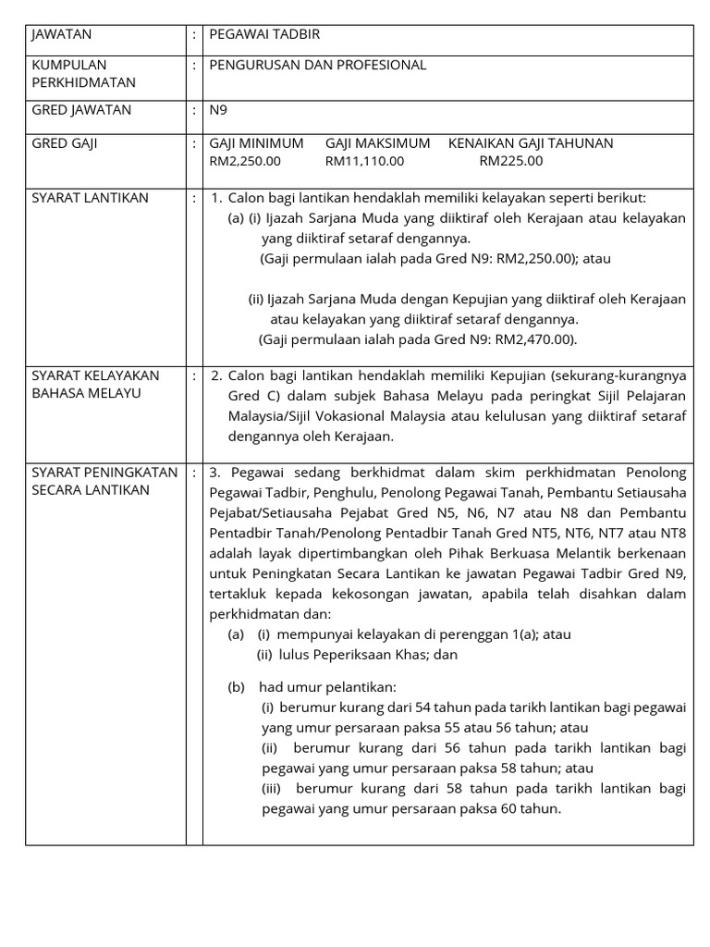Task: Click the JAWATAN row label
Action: (61, 34)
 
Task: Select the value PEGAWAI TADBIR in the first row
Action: (264, 34)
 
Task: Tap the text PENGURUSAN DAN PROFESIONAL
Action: (318, 65)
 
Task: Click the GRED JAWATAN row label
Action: (81, 110)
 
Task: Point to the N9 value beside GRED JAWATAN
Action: (218, 110)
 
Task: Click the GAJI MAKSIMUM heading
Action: (377, 143)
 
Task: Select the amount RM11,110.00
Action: (364, 161)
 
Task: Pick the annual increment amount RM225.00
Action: (511, 161)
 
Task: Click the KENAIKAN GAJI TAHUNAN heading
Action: (531, 143)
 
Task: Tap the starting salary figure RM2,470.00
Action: (535, 339)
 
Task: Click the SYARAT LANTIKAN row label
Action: (90, 198)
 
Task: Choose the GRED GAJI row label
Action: (65, 143)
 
